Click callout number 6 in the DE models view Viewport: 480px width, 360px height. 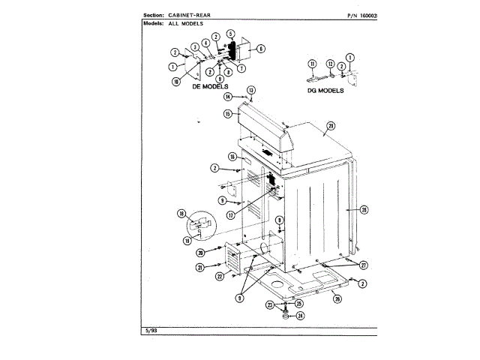pyautogui.click(x=261, y=49)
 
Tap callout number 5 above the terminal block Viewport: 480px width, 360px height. pyautogui.click(x=231, y=33)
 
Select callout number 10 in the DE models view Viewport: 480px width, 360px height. pyautogui.click(x=175, y=81)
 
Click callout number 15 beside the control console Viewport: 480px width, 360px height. pyautogui.click(x=226, y=114)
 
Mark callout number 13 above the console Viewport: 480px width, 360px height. pyautogui.click(x=252, y=90)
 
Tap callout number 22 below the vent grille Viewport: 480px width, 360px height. pyautogui.click(x=219, y=276)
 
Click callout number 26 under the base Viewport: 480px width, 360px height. pyautogui.click(x=337, y=298)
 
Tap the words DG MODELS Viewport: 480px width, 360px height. pyautogui.click(x=325, y=90)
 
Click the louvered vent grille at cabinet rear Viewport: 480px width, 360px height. pyautogui.click(x=232, y=260)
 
